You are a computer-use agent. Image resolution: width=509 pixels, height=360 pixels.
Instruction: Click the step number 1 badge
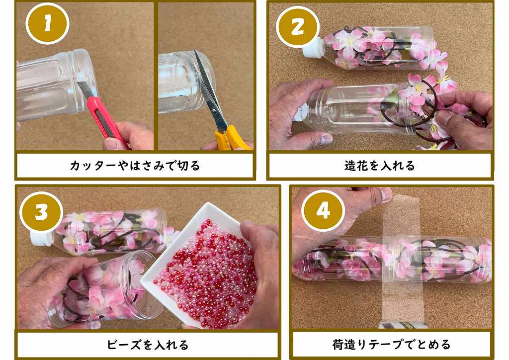click(x=47, y=23)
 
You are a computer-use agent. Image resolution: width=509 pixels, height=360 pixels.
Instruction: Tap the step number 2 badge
click(x=298, y=27)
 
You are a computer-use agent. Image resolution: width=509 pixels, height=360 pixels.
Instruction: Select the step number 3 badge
click(x=41, y=213)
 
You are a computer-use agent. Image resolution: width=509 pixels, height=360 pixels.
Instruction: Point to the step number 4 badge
click(x=323, y=211)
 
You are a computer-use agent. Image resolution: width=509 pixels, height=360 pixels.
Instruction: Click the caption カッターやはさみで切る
click(x=135, y=166)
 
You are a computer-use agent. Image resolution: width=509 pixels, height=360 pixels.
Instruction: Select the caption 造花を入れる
click(x=380, y=166)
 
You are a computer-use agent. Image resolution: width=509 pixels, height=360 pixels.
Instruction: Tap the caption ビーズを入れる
click(x=148, y=345)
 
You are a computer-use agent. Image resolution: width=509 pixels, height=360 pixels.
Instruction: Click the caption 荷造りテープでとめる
click(x=392, y=344)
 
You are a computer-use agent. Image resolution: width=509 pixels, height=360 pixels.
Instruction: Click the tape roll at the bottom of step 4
click(x=403, y=325)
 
